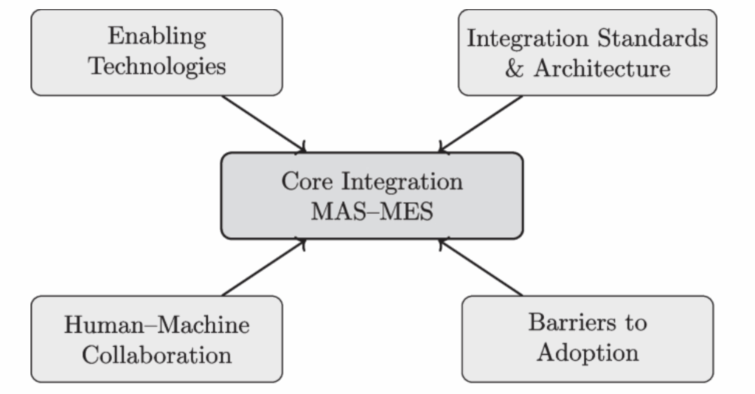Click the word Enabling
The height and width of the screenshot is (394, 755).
point(156,36)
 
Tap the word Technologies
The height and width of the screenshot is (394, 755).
point(156,66)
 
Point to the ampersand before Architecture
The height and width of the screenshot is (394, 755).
point(514,69)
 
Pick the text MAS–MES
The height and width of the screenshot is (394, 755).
point(372,212)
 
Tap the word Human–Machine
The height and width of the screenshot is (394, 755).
point(156,325)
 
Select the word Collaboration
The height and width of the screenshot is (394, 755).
point(156,354)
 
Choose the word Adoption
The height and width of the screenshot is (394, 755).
point(588,352)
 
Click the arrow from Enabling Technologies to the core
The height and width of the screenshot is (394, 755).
point(262,123)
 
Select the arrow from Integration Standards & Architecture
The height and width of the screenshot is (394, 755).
point(481,123)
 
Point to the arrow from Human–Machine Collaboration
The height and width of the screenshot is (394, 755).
point(262,268)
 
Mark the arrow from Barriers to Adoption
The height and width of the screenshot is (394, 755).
point(481,268)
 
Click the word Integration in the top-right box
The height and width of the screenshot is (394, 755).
point(521,38)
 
